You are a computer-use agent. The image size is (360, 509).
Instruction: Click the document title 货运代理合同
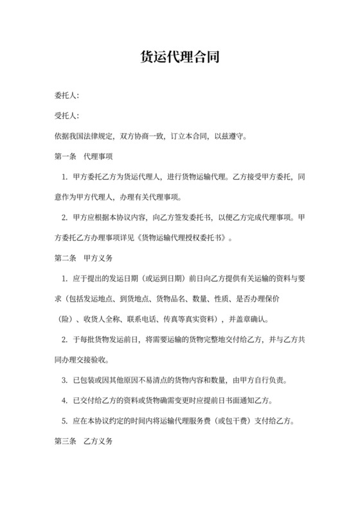[179, 58]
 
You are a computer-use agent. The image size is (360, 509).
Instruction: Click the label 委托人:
[67, 96]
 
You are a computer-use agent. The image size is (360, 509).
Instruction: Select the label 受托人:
[67, 116]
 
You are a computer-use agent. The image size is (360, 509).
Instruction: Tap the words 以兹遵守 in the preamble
[229, 136]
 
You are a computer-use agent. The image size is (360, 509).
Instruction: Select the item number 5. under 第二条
[64, 421]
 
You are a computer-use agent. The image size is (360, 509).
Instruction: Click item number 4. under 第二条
[64, 400]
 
